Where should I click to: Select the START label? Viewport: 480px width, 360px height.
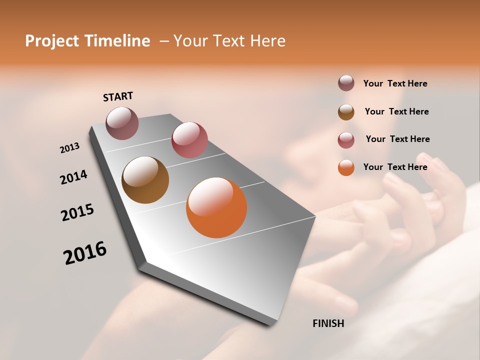(x=118, y=96)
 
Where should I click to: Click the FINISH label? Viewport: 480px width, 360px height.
(x=328, y=323)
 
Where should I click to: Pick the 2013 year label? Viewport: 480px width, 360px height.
(x=70, y=148)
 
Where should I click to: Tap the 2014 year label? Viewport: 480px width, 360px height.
(x=73, y=177)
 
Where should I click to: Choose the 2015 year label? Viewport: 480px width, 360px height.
(x=77, y=212)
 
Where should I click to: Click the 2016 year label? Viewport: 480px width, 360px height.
(x=85, y=253)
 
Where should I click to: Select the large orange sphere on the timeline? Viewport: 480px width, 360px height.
(x=216, y=207)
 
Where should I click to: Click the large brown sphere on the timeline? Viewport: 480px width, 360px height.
(x=145, y=180)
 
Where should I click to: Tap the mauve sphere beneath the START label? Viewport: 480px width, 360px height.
(x=122, y=123)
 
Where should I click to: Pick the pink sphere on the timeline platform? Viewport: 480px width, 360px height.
(x=189, y=140)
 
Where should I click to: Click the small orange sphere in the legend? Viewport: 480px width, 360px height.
(x=346, y=167)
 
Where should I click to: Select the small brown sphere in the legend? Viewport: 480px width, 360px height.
(x=346, y=112)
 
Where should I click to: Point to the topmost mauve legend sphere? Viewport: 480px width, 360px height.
(x=346, y=83)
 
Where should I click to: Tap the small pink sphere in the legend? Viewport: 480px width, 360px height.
(x=346, y=140)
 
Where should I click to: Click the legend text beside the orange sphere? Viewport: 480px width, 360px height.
(x=395, y=167)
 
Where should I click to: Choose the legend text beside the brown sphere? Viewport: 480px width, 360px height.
(x=396, y=111)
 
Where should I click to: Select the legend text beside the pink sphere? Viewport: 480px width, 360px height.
(x=397, y=139)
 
